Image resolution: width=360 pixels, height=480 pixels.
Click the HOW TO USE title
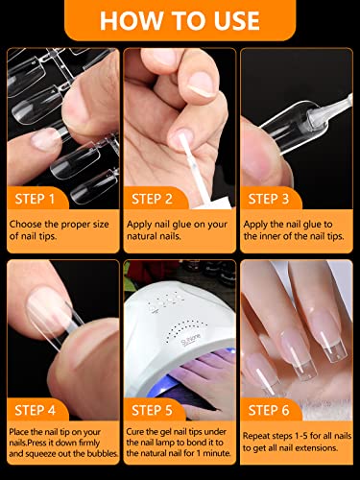coord(180,20)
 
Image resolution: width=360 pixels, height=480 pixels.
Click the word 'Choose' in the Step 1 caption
coord(26,224)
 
